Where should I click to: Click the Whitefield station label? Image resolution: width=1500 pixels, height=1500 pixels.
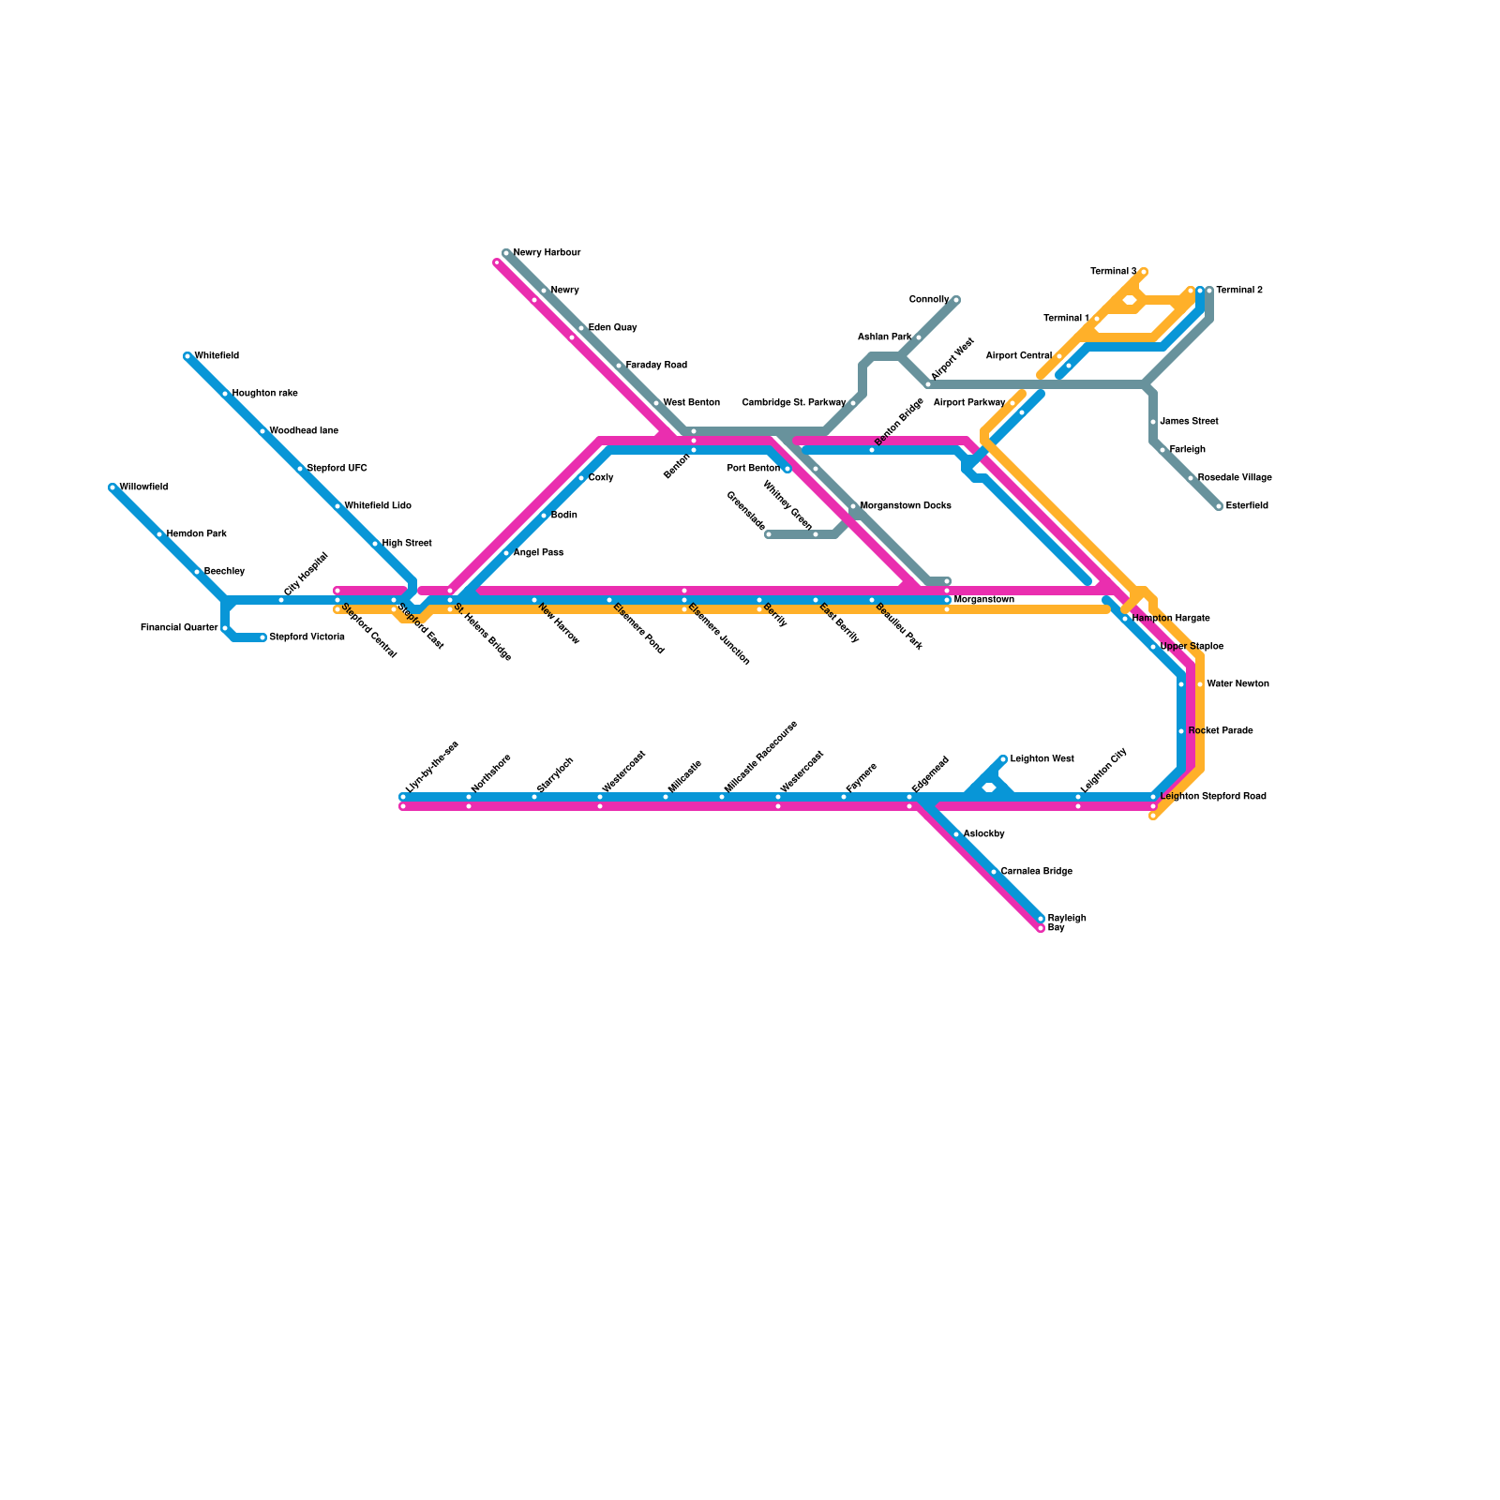click(x=217, y=356)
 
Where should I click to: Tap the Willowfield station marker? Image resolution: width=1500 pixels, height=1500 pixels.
click(x=112, y=487)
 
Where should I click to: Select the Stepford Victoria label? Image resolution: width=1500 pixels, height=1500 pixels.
click(x=307, y=637)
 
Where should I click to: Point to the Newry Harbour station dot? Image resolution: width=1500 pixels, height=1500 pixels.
click(x=506, y=253)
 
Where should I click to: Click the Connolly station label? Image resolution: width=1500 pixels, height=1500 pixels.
click(x=929, y=300)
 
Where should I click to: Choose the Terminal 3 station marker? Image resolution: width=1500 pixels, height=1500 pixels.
click(x=1144, y=272)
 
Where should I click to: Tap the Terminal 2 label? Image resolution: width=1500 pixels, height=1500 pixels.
click(x=1239, y=291)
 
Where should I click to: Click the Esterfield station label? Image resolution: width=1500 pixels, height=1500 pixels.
click(x=1247, y=506)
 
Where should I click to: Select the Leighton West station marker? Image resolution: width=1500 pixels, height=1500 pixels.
click(x=1003, y=759)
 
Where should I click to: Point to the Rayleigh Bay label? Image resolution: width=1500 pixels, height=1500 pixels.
click(x=1066, y=922)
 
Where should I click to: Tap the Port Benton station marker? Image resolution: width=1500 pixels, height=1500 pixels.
click(x=787, y=469)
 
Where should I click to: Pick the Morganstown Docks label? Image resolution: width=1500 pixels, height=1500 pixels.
click(x=906, y=506)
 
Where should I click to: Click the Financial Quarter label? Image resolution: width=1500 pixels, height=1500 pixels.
click(x=179, y=628)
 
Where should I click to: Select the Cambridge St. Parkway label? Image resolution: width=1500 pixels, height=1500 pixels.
click(x=794, y=403)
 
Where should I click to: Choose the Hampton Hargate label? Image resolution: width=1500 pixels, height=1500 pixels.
click(x=1171, y=619)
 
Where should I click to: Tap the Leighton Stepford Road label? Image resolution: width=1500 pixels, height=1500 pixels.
click(x=1213, y=797)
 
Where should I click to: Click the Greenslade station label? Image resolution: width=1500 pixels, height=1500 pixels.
click(x=746, y=509)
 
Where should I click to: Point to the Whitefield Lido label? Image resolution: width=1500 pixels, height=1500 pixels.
click(x=378, y=506)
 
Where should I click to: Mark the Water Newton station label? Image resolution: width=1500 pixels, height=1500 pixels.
click(x=1237, y=684)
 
